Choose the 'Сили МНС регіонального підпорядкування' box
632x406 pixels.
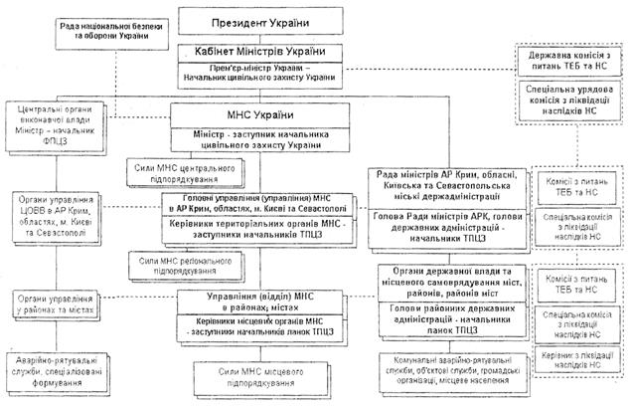(192, 265)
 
